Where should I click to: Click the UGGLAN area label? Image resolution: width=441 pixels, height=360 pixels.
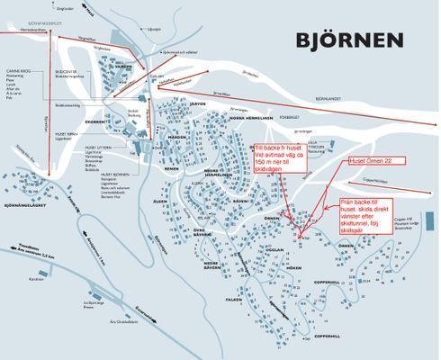[x=274, y=249]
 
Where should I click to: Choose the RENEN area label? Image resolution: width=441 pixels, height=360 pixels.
[x=172, y=167]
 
